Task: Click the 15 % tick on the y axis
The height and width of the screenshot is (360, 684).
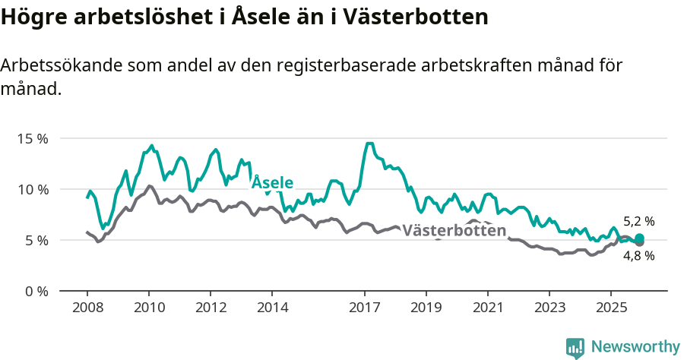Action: [32, 139]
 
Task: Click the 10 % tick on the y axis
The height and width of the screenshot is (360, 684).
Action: [32, 189]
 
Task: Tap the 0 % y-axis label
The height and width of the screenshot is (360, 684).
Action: [35, 291]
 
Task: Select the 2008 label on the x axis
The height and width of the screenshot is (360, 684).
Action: [87, 308]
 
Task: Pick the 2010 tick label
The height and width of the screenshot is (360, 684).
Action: [149, 308]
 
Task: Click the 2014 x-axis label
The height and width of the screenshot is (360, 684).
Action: [272, 308]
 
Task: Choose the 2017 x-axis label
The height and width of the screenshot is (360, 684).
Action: [365, 308]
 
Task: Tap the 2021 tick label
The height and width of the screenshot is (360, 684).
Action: [488, 308]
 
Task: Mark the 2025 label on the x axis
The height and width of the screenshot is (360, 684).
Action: [611, 308]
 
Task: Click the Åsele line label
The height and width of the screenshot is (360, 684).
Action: [273, 183]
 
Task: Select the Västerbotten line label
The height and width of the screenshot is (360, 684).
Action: [454, 231]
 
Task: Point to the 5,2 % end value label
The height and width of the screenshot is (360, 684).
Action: [639, 222]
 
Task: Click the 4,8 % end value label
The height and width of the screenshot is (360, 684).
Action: [639, 256]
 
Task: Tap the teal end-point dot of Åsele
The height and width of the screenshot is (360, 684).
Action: [639, 238]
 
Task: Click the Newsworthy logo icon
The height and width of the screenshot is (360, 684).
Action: [575, 348]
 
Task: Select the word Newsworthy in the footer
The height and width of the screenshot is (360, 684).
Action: [635, 347]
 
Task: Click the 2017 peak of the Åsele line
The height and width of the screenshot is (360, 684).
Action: [369, 144]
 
